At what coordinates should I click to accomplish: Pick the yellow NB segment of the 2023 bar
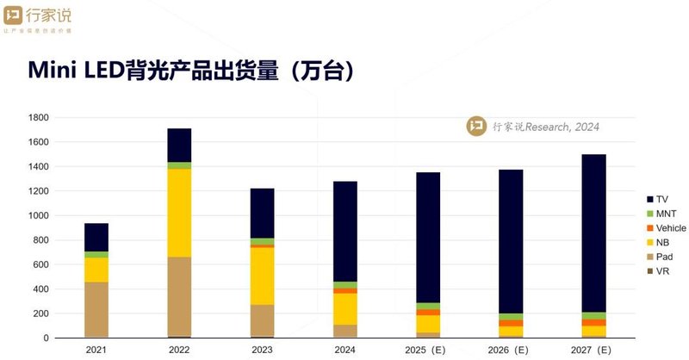tap(262, 276)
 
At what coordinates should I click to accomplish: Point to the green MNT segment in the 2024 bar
tap(344, 285)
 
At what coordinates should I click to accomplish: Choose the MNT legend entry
tap(663, 214)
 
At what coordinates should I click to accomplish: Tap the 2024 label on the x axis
tap(344, 350)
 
